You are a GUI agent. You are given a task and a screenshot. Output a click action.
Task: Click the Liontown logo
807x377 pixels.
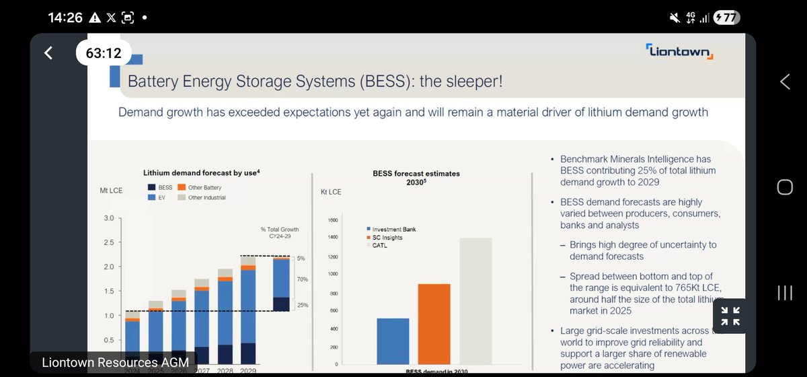click(x=679, y=52)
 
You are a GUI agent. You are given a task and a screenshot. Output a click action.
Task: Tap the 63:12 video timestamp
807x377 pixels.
click(x=103, y=53)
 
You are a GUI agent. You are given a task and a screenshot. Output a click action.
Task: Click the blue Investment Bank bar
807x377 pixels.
click(x=393, y=341)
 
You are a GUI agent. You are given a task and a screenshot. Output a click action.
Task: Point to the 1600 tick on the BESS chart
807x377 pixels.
click(x=332, y=220)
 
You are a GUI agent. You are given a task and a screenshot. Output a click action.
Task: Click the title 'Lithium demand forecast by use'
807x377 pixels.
click(x=202, y=172)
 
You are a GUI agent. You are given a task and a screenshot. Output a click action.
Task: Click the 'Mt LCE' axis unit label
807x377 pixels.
click(x=111, y=191)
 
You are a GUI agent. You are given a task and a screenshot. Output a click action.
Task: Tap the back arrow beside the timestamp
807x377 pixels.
click(x=48, y=53)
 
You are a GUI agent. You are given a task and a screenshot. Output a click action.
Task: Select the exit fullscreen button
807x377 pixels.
click(x=730, y=316)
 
